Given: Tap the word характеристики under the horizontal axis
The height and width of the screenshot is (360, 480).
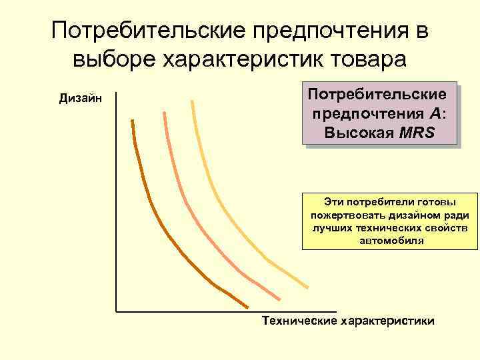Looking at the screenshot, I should pos(387,321).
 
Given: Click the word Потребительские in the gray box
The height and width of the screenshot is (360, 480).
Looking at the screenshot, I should pos(381,94).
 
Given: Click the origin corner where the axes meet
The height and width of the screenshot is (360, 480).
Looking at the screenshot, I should pos(116,311).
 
